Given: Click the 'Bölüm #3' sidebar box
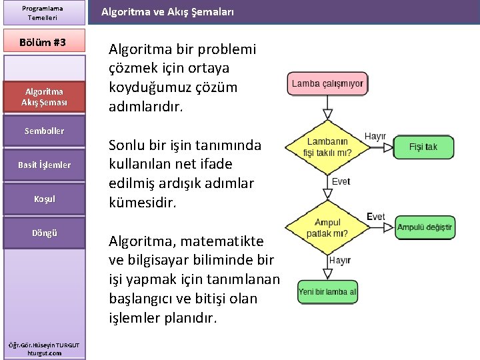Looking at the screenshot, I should (x=44, y=42).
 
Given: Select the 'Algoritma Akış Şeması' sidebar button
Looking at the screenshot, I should (x=44, y=97).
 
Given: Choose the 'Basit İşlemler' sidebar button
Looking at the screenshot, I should (x=44, y=165).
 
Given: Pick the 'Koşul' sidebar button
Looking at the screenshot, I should (x=44, y=199).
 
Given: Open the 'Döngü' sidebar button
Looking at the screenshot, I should (x=44, y=233).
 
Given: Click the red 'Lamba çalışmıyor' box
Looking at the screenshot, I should (x=327, y=84).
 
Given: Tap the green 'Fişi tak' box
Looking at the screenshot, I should (x=423, y=147).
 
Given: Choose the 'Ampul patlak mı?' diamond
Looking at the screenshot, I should (x=327, y=227).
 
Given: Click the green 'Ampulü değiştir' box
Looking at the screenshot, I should (x=424, y=227).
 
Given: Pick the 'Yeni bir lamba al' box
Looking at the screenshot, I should (x=327, y=291).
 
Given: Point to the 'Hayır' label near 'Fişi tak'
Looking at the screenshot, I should (x=375, y=136).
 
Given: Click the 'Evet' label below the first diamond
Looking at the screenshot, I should (x=340, y=182).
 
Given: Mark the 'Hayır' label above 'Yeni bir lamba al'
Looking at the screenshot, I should (x=340, y=260).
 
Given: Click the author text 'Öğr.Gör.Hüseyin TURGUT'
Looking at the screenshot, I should (x=44, y=344).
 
